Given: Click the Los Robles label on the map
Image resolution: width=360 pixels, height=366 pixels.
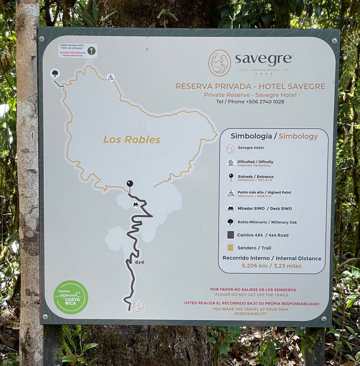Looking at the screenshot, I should coord(132,140).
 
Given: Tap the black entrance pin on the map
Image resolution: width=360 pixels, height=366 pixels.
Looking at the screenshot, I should coord(130,184).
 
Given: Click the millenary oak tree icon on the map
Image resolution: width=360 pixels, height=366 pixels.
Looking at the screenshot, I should coord(55,73).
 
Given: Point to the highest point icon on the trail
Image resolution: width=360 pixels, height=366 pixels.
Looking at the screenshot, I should coord(110,77).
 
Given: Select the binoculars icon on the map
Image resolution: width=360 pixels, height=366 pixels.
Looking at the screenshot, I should coord(135,205).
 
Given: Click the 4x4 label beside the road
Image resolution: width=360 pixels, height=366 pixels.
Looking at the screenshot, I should coord(140,263).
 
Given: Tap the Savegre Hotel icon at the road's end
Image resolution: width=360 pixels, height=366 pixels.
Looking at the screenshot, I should coord(138,306).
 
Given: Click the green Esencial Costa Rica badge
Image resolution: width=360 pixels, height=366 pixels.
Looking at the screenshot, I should coord(71,297).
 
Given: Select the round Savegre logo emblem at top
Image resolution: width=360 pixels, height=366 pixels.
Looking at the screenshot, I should coord(220,63).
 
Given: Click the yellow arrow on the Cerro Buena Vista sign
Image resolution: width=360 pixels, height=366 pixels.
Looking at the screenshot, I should coord(91,51).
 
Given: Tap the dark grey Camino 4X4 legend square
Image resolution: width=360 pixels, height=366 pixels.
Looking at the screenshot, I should coord(231,235).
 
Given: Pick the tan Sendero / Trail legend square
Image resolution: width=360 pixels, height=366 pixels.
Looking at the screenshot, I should coord(231,248).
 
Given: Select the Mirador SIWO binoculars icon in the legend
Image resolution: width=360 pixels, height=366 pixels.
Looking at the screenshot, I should coord(231,209).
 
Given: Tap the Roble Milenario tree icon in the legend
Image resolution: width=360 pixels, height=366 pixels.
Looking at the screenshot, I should coord(231,222).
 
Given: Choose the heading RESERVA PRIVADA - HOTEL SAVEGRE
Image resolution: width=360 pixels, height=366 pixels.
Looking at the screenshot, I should coord(250,86).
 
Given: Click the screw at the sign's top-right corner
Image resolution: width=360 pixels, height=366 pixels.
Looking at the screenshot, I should coord(334,40).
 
